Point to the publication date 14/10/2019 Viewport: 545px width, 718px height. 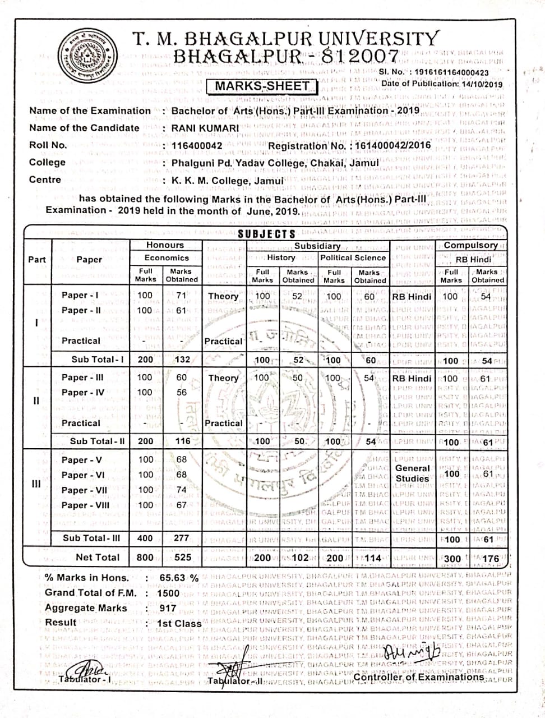[481, 84]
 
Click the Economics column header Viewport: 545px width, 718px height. [167, 257]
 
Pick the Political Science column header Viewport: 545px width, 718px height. [353, 257]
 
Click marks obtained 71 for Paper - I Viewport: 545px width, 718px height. [181, 295]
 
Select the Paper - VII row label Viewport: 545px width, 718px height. [84, 490]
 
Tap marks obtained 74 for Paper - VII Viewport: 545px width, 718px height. [181, 490]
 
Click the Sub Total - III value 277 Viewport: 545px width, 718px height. [181, 537]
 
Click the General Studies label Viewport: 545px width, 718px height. [412, 473]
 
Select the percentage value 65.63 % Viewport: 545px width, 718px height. [179, 578]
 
